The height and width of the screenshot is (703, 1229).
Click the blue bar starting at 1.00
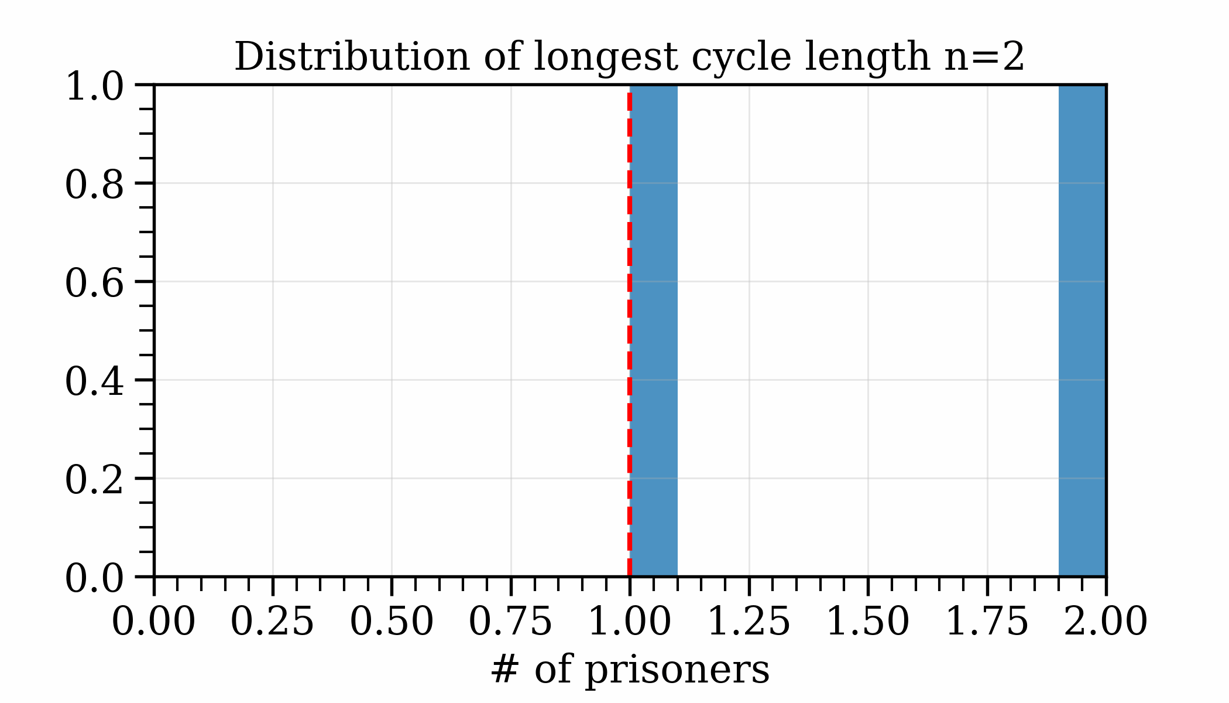[654, 331]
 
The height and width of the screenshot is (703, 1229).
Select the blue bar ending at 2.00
[1082, 331]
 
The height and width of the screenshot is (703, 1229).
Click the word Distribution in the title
[352, 57]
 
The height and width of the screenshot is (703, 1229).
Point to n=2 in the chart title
[984, 57]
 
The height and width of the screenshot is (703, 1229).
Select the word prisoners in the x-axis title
[677, 669]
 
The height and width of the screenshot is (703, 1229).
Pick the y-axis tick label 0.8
[94, 186]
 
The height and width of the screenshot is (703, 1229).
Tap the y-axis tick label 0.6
[94, 284]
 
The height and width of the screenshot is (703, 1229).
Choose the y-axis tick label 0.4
[94, 383]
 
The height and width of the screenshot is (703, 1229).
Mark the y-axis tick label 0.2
[94, 481]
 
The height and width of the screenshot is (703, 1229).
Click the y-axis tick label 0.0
[94, 579]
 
